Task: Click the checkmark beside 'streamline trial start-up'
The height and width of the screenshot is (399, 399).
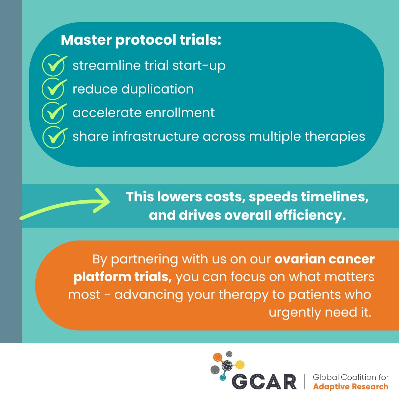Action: point(54,65)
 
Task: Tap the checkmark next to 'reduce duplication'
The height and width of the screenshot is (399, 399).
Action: point(54,88)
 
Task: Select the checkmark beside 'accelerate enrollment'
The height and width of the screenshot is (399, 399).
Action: point(54,112)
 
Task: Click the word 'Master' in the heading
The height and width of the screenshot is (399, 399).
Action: point(86,40)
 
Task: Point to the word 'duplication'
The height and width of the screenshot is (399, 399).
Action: point(157,89)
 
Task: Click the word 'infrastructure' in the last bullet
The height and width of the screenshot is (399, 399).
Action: point(156,136)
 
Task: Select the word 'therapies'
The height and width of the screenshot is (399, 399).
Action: point(335,136)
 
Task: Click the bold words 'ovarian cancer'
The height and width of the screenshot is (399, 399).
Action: point(324,259)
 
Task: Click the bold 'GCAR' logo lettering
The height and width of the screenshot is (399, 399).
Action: point(264,382)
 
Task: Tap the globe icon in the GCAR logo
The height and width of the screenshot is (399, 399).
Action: point(227,366)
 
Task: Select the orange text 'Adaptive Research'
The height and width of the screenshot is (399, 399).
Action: point(351,386)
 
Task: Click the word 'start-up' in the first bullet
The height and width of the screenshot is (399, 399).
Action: point(199,66)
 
